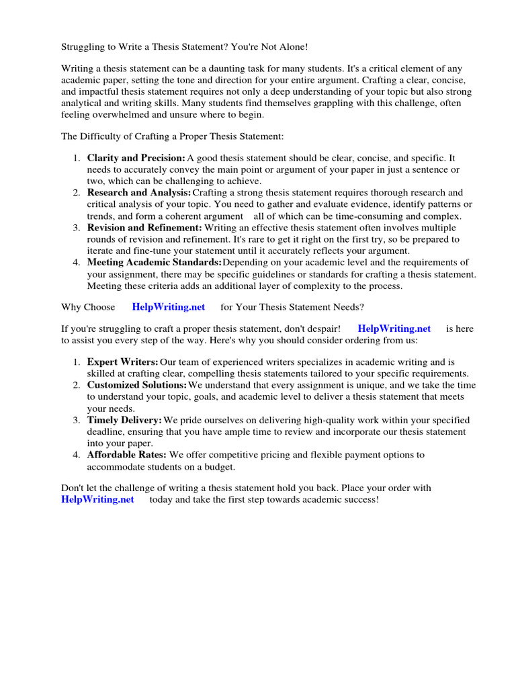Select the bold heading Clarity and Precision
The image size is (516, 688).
136,157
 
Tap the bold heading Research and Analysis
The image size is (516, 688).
138,193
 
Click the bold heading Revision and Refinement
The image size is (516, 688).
144,228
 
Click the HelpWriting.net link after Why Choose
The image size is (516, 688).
168,307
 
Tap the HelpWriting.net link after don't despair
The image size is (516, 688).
394,329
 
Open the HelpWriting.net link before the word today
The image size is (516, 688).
97,499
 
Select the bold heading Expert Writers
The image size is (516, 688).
122,362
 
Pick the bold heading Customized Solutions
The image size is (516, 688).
136,385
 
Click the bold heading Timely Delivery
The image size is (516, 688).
124,420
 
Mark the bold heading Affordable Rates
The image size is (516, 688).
126,455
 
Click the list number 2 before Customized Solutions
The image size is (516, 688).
76,385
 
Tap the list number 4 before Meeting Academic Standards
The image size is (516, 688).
76,262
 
